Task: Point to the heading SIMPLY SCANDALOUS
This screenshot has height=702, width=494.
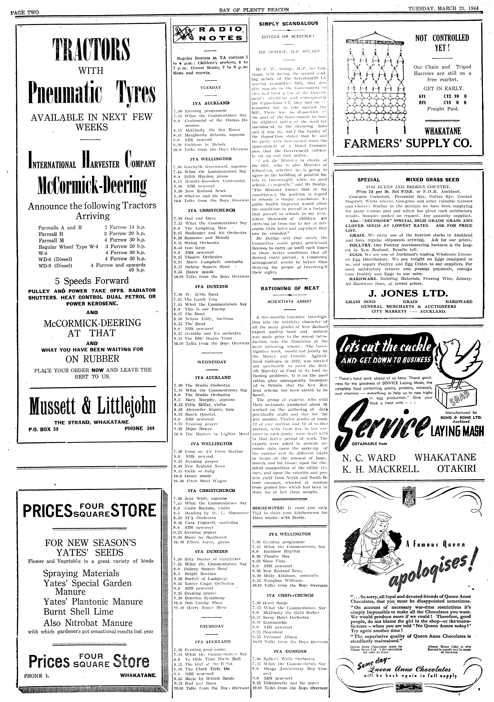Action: (x=288, y=23)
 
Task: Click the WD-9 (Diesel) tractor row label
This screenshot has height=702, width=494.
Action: (x=55, y=266)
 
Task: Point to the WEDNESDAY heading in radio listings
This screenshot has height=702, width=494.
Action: (x=212, y=362)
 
